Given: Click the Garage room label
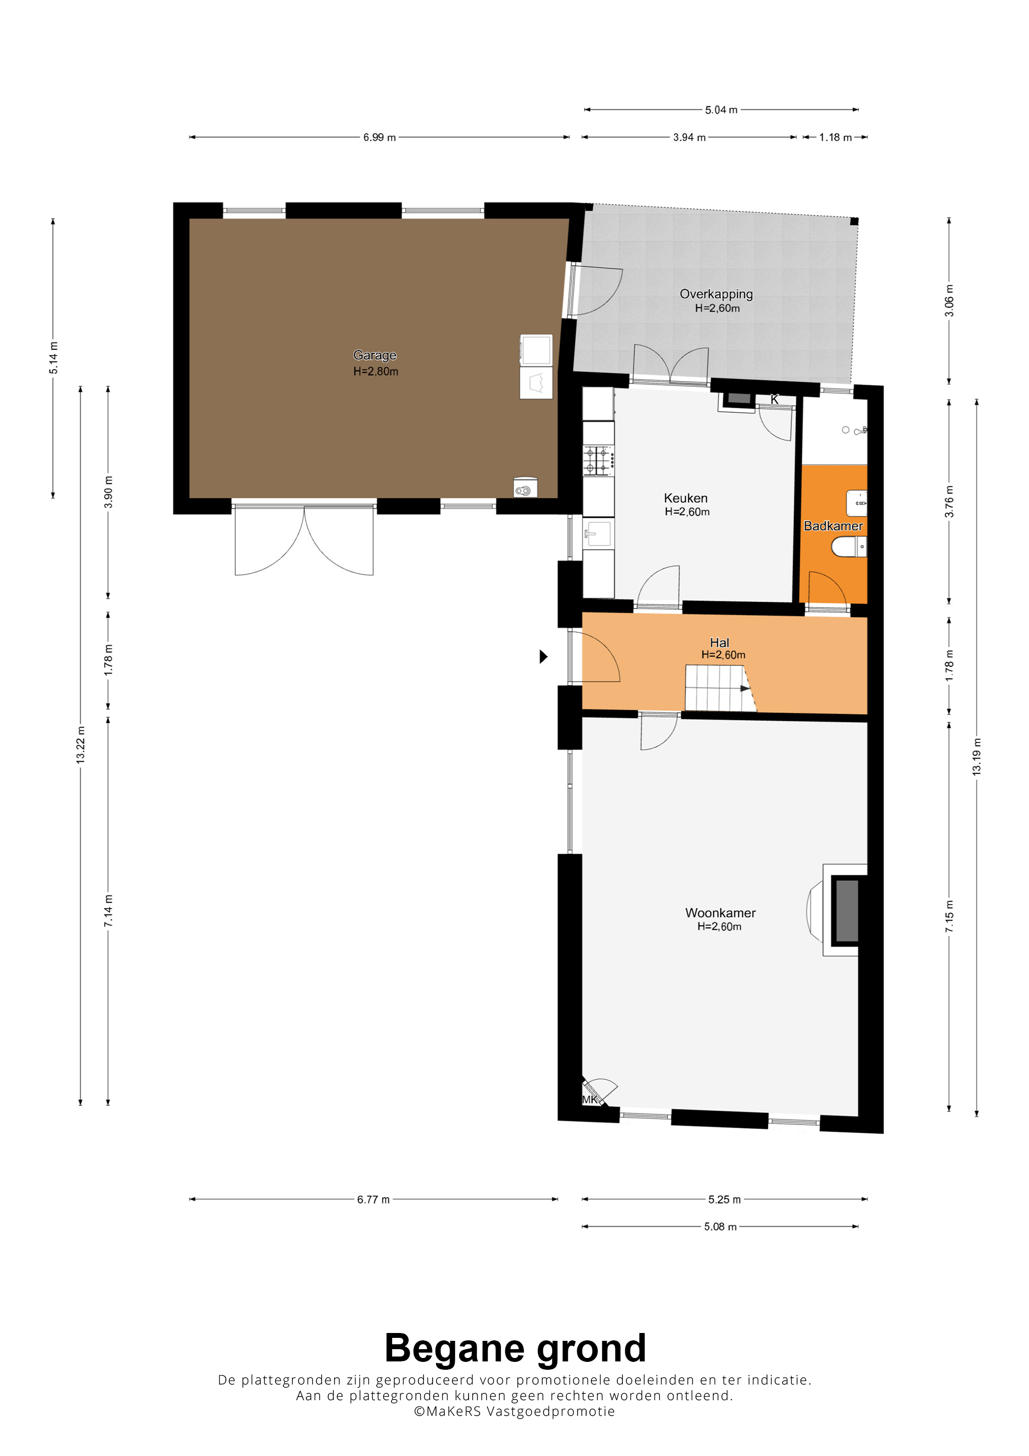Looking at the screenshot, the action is (x=375, y=355).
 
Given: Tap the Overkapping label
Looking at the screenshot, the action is (x=716, y=294).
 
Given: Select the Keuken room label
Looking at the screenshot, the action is (x=686, y=498).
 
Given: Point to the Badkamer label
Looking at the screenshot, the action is (x=833, y=526).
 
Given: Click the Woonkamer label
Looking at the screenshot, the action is (x=720, y=913).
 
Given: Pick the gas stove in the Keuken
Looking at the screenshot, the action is (x=598, y=460).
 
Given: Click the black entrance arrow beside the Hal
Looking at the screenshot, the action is (x=543, y=656).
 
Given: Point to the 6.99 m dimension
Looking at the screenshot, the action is (x=379, y=137).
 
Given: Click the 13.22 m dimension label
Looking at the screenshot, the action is (x=80, y=745).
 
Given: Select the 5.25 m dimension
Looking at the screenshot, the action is (x=724, y=1199).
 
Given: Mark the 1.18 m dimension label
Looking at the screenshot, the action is (x=835, y=137).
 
